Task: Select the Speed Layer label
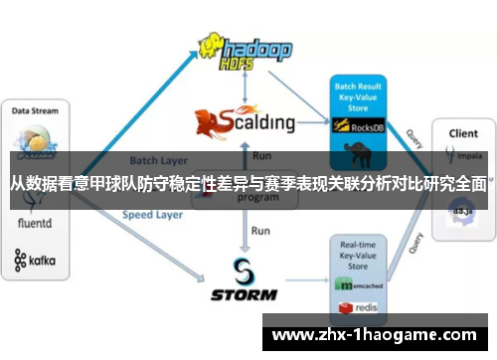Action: click(151, 214)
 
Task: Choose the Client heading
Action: click(461, 132)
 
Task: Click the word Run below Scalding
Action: click(260, 155)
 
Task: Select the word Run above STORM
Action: click(260, 230)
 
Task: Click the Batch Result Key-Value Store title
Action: click(358, 95)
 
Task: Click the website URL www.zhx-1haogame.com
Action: click(377, 334)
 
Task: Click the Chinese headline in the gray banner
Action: click(248, 183)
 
